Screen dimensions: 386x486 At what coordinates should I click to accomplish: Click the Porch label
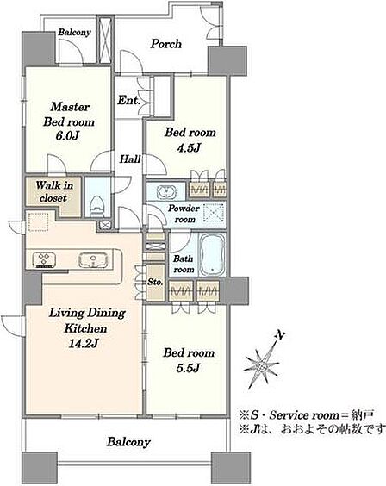pos(166,44)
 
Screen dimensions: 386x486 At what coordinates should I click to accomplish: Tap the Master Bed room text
pos(69,115)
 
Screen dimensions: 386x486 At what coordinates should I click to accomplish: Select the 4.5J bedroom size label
pos(190,148)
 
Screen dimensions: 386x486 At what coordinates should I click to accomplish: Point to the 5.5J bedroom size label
pos(189,369)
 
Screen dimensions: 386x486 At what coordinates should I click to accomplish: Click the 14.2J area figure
pos(84,344)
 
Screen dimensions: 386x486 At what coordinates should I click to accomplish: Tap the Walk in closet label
pos(54,191)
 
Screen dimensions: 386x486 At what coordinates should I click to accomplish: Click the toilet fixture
pos(97,206)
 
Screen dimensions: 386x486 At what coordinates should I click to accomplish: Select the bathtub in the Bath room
pos(212,255)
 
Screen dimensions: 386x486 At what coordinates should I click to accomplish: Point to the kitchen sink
pos(93,259)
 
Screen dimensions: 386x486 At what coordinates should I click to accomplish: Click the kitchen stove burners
pos(43,259)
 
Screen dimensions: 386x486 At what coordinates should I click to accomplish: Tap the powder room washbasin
pos(167,191)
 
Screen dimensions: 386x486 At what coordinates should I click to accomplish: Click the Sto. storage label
pos(154,283)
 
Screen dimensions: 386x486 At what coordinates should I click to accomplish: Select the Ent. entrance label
pos(129,101)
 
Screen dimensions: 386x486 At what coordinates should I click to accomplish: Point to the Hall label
pos(130,159)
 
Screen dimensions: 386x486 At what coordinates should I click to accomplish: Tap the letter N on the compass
pos(280,334)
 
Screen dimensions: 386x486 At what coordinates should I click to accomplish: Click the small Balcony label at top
pos(75,33)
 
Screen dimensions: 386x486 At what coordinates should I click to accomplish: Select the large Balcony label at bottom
pos(128,442)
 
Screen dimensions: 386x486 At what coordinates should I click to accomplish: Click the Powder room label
pos(184,214)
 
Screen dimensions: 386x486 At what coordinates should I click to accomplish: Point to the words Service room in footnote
pos(304,415)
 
